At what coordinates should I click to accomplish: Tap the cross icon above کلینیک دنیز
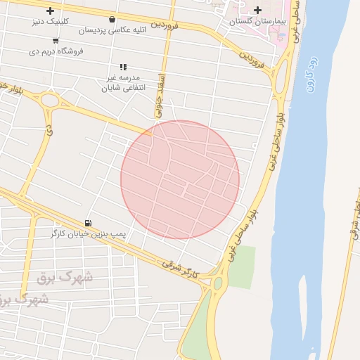click(50, 11)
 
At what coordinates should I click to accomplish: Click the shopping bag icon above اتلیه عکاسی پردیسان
click(113, 20)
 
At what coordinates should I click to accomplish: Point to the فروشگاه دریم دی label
click(56, 51)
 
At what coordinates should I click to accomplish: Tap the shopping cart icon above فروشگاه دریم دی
click(56, 41)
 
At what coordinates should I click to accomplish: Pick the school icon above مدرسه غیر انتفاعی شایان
click(123, 67)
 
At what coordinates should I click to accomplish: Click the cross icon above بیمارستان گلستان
click(257, 10)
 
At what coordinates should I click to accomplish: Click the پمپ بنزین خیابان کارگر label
click(88, 233)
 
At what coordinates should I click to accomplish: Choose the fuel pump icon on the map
click(88, 222)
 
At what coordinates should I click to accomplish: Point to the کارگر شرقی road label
click(177, 264)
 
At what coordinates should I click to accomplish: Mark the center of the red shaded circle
click(180, 179)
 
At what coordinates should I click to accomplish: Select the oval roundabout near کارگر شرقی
click(218, 283)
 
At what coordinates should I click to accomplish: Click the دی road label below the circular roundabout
click(49, 131)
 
